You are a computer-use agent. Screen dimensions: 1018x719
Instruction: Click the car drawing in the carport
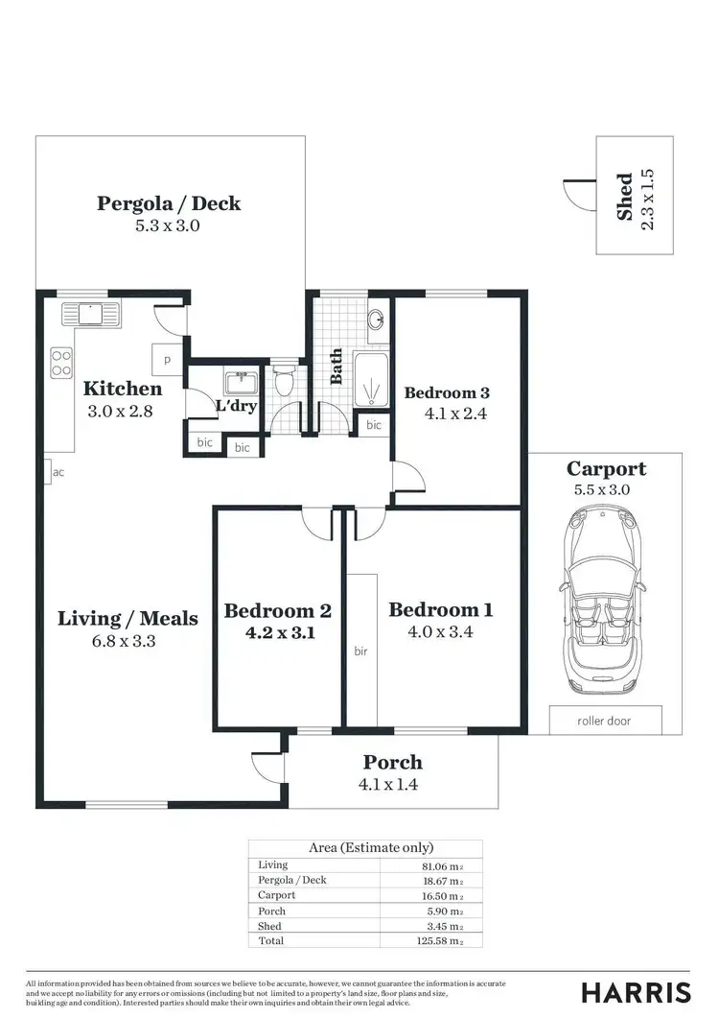pos(604,602)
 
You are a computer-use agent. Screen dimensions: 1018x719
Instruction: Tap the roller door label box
pos(604,720)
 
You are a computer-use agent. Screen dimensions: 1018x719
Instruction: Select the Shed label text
pos(625,197)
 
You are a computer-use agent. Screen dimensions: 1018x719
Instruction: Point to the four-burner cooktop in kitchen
pos(61,362)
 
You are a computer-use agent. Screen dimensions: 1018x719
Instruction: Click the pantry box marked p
pos(167,359)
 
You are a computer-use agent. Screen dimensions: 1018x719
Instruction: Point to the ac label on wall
pos(58,472)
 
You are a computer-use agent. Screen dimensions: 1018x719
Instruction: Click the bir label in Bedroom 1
pos(361,651)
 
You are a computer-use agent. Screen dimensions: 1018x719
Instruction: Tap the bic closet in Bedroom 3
pos(373,424)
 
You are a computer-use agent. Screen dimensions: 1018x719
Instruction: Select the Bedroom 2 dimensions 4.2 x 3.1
pos(277,633)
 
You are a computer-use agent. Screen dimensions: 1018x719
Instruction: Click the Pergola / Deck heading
pos(169,203)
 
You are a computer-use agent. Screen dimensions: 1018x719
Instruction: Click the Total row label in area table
pos(271,941)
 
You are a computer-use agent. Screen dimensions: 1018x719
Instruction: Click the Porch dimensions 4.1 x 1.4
pos(393,784)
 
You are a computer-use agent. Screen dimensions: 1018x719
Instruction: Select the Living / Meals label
pos(128,618)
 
